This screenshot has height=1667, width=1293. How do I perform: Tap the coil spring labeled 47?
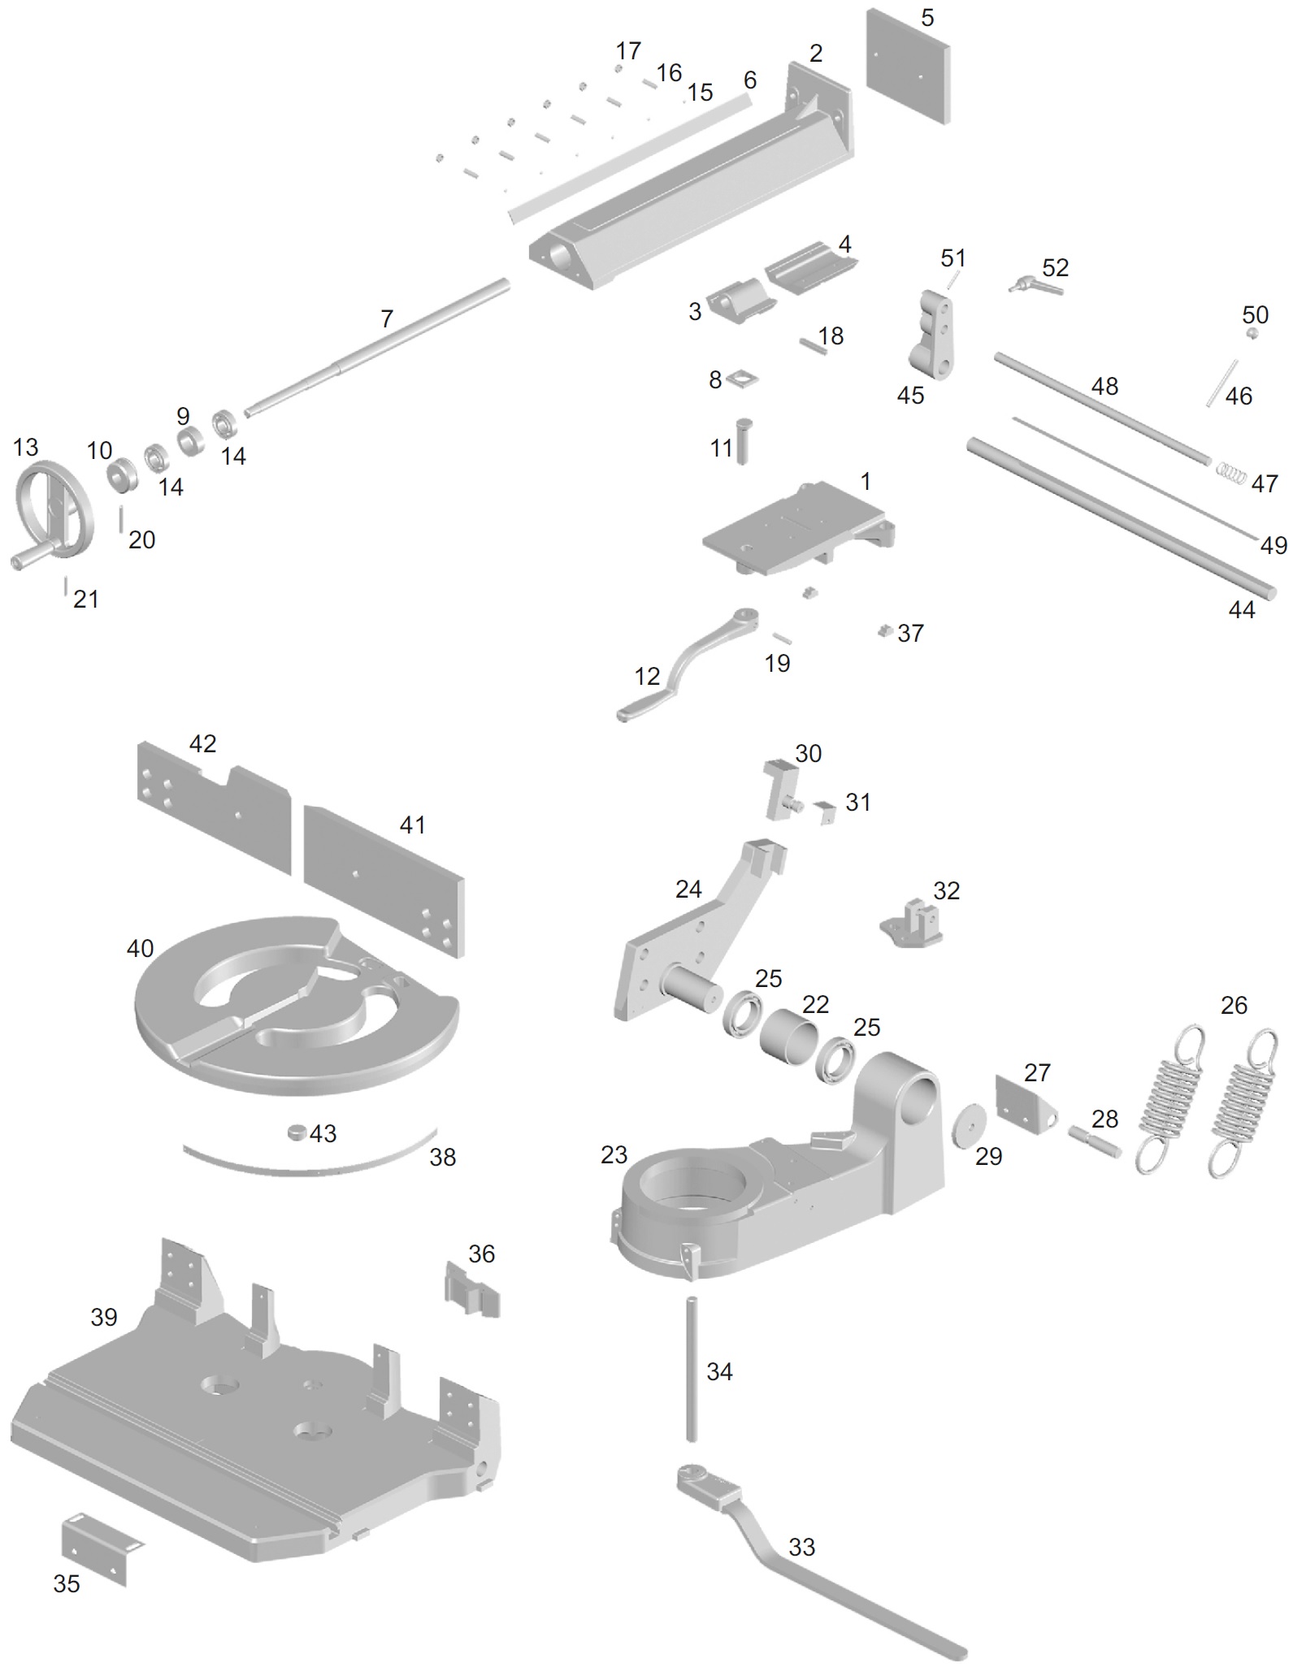click(x=1230, y=473)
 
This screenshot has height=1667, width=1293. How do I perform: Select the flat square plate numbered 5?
click(x=908, y=67)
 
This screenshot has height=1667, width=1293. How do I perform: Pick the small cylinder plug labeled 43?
click(x=298, y=1132)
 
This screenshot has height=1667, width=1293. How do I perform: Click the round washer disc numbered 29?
click(x=967, y=1125)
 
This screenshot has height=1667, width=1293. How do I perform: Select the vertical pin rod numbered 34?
click(x=692, y=1369)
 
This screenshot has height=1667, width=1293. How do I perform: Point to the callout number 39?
click(x=104, y=1317)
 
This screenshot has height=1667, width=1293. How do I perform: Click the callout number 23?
click(x=614, y=1154)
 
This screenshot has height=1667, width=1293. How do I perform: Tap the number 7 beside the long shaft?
click(x=387, y=318)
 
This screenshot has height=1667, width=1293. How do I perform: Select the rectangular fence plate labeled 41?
click(x=384, y=881)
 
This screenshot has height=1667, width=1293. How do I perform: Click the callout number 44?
click(x=1242, y=609)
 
